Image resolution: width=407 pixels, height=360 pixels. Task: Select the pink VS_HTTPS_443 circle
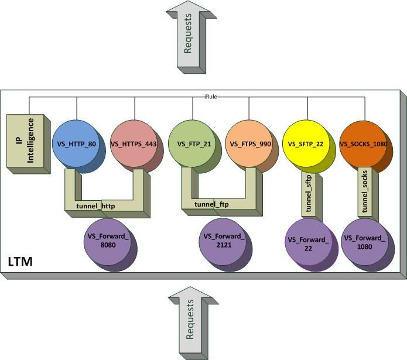point(134,143)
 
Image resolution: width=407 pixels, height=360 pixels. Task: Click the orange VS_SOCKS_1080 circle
point(364,143)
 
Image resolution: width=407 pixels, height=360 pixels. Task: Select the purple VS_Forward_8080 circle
point(109,242)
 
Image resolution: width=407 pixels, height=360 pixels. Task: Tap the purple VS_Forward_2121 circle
point(224,242)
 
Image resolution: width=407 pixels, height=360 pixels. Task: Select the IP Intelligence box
point(26,142)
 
